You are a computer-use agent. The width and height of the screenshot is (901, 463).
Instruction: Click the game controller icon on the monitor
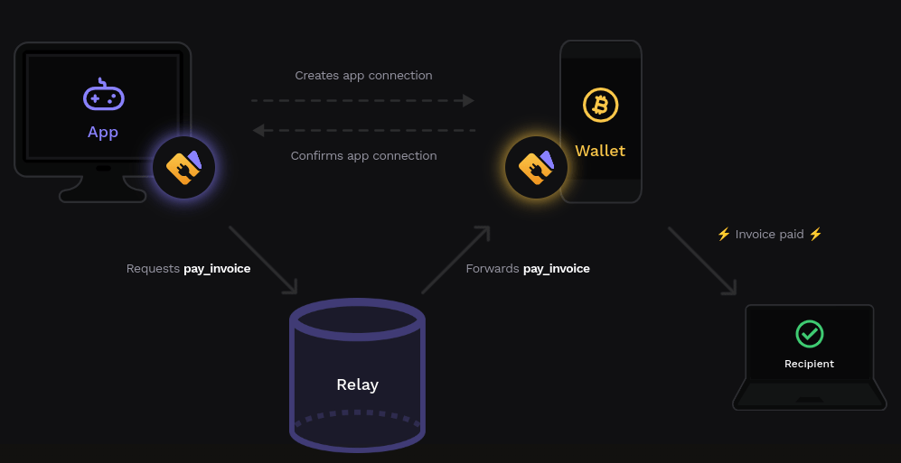[x=103, y=96]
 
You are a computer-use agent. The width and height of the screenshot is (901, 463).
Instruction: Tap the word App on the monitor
[x=103, y=132]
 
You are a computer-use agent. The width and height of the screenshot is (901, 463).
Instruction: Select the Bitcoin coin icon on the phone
[x=600, y=105]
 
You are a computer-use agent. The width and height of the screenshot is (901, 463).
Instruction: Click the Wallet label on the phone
[x=600, y=151]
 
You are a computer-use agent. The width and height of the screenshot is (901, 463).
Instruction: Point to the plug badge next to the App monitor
[x=183, y=167]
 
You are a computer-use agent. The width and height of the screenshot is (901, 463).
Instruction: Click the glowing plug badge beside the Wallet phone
[x=536, y=167]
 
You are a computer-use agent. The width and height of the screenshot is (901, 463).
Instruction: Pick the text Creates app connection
[x=363, y=76]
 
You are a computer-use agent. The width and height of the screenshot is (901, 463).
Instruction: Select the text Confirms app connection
[x=363, y=156]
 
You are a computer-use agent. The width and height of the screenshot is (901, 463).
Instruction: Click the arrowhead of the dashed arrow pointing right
[x=468, y=100]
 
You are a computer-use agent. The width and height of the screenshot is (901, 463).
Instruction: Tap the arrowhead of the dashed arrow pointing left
[x=258, y=130]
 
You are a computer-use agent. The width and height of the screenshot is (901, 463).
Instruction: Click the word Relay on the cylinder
[x=357, y=384]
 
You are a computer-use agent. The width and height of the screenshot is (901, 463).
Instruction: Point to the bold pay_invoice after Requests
[x=217, y=269]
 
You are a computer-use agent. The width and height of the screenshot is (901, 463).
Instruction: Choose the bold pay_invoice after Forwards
[x=556, y=269]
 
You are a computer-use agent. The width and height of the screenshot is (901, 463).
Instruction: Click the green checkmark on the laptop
[x=809, y=334]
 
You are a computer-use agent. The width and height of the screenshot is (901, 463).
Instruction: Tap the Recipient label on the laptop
[x=809, y=365]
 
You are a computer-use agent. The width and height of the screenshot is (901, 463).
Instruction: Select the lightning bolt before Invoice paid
[x=723, y=235]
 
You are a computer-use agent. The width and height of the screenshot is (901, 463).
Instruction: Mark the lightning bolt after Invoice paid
[x=815, y=235]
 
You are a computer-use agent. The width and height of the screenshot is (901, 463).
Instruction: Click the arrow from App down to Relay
[x=262, y=259]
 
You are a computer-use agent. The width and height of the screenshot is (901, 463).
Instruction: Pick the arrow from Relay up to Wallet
[x=455, y=260]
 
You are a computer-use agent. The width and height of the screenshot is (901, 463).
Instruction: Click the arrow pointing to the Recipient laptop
[x=702, y=261]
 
